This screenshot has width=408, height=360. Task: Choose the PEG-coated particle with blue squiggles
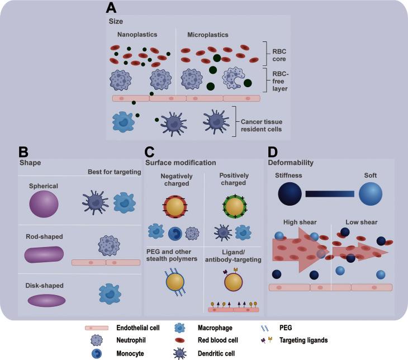click(175, 286)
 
